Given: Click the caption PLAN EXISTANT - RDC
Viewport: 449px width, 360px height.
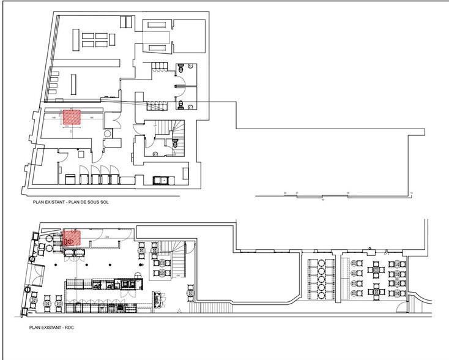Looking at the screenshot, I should [x=51, y=328].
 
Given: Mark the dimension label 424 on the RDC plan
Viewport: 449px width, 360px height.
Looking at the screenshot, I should [x=107, y=236].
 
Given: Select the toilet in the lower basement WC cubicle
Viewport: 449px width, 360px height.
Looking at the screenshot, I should [x=182, y=102].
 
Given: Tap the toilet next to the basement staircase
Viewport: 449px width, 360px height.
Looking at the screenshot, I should [x=174, y=142].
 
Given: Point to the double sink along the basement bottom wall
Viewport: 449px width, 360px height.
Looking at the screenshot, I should [x=163, y=179].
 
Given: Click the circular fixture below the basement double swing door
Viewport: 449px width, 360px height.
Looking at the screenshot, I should [x=109, y=133].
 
